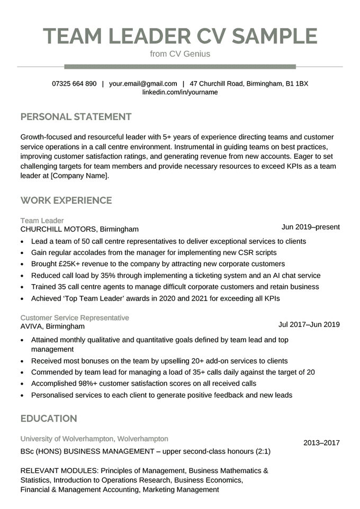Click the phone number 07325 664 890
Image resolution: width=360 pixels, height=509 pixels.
pyautogui.click(x=74, y=84)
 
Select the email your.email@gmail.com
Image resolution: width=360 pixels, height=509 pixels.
pyautogui.click(x=143, y=84)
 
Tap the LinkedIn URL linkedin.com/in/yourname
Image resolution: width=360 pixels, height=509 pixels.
pyautogui.click(x=180, y=92)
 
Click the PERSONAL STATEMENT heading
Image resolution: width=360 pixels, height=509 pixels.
pyautogui.click(x=76, y=116)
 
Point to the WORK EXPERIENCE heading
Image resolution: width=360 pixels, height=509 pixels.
pyautogui.click(x=66, y=201)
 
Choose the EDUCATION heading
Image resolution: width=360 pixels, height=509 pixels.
pyautogui.click(x=49, y=419)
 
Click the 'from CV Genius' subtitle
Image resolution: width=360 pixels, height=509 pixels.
pyautogui.click(x=180, y=54)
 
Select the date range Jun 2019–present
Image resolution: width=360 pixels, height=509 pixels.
pyautogui.click(x=310, y=227)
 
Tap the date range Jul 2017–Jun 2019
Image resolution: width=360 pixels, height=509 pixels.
pyautogui.click(x=309, y=324)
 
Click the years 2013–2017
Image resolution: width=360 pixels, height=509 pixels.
pyautogui.click(x=321, y=443)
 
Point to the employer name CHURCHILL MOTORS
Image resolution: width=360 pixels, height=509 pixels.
pyautogui.click(x=59, y=229)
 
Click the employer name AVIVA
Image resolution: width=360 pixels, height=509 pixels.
pyautogui.click(x=32, y=326)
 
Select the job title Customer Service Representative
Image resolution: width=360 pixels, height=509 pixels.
pyautogui.click(x=75, y=317)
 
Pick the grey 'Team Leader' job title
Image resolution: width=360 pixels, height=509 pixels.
pyautogui.click(x=42, y=220)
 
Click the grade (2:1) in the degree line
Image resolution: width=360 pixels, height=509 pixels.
pyautogui.click(x=260, y=452)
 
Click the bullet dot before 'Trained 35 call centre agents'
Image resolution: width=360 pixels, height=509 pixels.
pyautogui.click(x=22, y=287)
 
